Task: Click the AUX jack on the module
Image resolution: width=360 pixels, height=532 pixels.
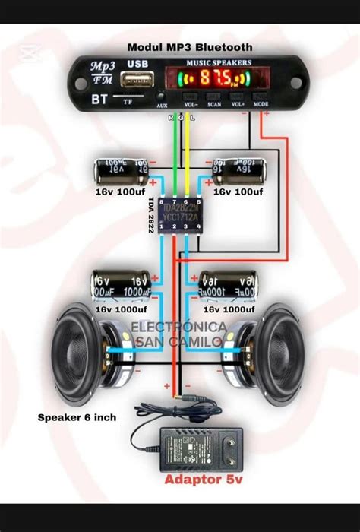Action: [x=162, y=97]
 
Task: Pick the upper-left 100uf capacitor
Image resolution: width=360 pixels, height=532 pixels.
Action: [x=122, y=169]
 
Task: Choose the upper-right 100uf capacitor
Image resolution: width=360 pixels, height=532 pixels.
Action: [x=239, y=170]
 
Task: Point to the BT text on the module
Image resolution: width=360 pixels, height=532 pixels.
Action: [x=99, y=99]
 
